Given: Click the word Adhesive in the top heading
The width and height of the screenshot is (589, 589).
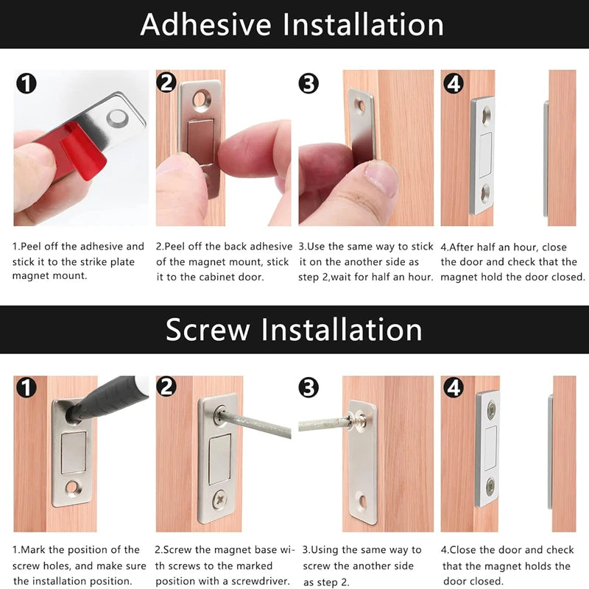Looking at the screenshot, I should click(207, 24).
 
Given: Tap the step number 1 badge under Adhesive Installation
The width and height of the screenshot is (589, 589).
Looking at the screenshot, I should click(26, 83).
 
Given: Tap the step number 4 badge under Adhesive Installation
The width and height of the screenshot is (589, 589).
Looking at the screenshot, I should click(454, 83).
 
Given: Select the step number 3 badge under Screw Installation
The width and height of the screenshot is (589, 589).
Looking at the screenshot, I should click(309, 388).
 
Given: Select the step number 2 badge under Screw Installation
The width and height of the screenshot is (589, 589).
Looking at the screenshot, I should click(167, 387).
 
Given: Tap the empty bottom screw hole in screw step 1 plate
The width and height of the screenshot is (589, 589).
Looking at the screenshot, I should click(72, 487).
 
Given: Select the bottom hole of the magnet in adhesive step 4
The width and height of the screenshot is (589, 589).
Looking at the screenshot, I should click(486, 193).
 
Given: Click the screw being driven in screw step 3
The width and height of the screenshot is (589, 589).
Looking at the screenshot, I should click(359, 420).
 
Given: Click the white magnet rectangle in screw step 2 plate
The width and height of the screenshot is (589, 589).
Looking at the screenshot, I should click(219, 459).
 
